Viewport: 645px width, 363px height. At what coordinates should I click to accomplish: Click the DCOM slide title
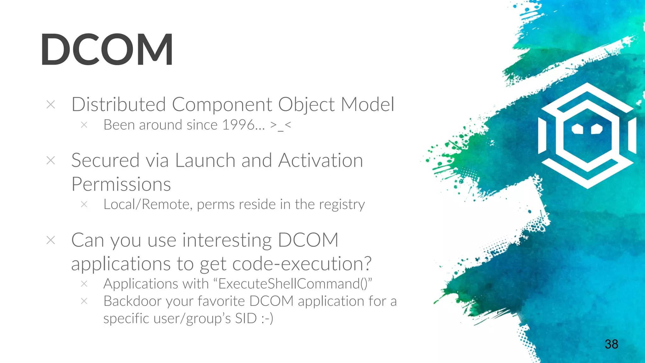(x=107, y=50)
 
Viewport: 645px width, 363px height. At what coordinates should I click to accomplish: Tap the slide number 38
(x=611, y=344)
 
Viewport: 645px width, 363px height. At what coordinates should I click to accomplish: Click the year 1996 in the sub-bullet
(x=238, y=125)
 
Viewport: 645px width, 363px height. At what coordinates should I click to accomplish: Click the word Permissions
(x=121, y=184)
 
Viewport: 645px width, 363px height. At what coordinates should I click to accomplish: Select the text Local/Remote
(x=147, y=205)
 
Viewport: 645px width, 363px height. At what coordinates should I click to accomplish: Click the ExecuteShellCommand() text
(x=293, y=284)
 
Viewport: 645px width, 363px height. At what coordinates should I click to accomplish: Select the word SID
(x=246, y=318)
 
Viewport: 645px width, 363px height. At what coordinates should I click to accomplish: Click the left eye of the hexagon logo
(x=577, y=129)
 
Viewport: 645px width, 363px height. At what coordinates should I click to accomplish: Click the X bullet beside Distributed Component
(x=51, y=105)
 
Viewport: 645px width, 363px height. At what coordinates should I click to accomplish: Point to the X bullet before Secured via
(x=51, y=160)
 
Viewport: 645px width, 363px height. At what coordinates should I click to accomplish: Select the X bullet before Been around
(x=84, y=125)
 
